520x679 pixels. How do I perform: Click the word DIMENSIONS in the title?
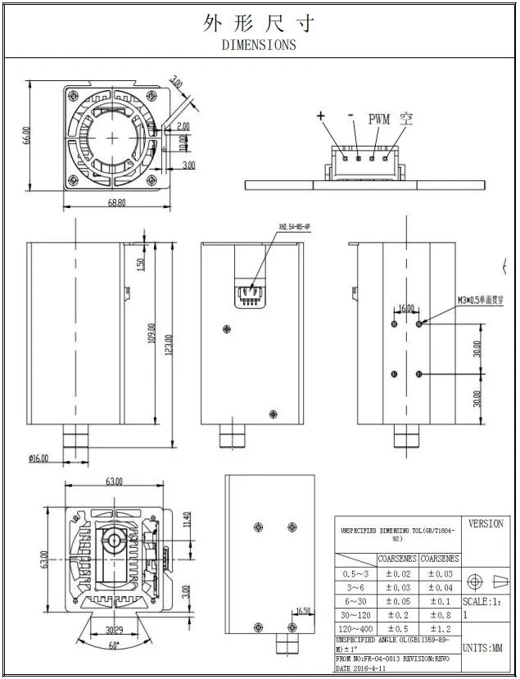tap(259, 45)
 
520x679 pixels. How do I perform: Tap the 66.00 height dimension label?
tap(27, 135)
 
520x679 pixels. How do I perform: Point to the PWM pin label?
tap(380, 119)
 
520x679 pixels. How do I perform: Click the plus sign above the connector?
tap(322, 116)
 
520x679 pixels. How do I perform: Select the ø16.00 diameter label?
tap(39, 458)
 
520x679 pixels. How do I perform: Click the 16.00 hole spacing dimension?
tap(406, 309)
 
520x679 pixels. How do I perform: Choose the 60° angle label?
tap(113, 645)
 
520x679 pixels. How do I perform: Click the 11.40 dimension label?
tap(186, 519)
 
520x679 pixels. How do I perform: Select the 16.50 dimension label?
tap(302, 611)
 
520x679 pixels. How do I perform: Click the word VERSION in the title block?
tap(486, 524)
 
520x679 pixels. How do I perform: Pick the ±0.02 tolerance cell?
tap(396, 574)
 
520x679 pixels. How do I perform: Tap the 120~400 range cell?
tap(355, 628)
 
